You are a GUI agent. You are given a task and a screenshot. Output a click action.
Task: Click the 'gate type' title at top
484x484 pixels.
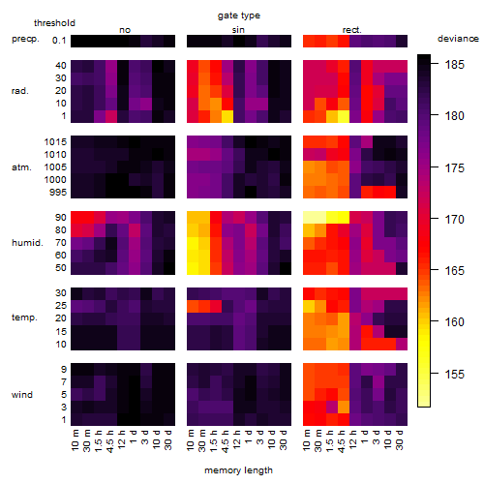click(239, 15)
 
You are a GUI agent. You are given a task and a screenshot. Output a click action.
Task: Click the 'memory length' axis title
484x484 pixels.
click(238, 470)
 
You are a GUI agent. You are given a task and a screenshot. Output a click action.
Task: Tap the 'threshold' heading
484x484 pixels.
click(54, 23)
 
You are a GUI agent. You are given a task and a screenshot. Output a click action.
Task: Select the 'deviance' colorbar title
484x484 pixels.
click(458, 39)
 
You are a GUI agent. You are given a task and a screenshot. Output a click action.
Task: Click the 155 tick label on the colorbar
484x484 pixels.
click(455, 375)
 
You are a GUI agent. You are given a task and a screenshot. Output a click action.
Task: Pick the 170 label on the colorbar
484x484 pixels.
click(455, 220)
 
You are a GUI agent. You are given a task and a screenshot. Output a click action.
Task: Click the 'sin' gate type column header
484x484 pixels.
click(238, 30)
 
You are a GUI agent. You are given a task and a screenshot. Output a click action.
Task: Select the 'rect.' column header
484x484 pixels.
click(351, 30)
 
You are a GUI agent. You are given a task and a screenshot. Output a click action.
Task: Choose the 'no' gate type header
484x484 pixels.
click(125, 30)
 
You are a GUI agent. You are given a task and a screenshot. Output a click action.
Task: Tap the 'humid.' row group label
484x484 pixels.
click(27, 243)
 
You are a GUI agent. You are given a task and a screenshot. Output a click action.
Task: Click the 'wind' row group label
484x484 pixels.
click(22, 395)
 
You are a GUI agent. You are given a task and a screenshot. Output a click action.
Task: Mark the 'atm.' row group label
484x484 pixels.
click(21, 167)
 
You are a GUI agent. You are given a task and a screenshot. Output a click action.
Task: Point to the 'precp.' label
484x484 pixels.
click(25, 39)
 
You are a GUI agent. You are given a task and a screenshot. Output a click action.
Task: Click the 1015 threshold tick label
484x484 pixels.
click(55, 142)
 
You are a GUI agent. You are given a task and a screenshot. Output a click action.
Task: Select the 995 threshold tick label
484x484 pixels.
click(58, 193)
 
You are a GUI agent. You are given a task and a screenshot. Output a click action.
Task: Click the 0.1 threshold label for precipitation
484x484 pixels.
click(59, 41)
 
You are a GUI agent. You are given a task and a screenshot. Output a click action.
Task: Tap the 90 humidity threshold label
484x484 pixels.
click(60, 218)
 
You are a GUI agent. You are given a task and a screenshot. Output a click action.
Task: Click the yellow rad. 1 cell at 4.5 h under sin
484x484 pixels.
click(227, 116)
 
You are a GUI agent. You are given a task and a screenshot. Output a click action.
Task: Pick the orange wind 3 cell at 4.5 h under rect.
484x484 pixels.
click(344, 408)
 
